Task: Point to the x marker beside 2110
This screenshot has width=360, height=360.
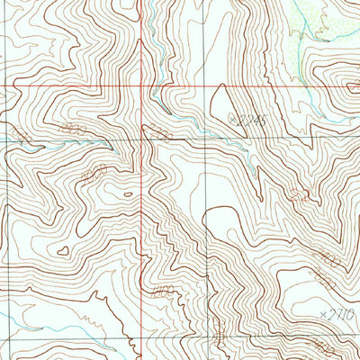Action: pyautogui.click(x=324, y=315)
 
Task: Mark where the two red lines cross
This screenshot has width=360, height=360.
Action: pyautogui.click(x=142, y=86)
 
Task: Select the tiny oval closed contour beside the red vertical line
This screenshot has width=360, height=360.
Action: pyautogui.click(x=128, y=193)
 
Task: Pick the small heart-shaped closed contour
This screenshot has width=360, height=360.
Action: pyautogui.click(x=63, y=251)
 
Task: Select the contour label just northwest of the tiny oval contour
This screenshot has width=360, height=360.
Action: pyautogui.click(x=93, y=171)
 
